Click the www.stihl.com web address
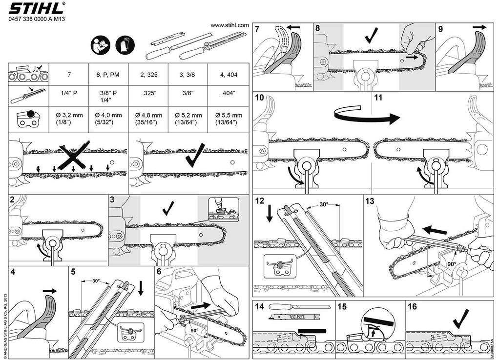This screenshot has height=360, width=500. (229, 25)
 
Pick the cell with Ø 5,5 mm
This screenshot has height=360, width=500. (226, 119)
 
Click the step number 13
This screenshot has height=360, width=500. (370, 201)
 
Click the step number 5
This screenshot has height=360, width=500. (73, 271)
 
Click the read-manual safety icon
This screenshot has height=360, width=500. (99, 46)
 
